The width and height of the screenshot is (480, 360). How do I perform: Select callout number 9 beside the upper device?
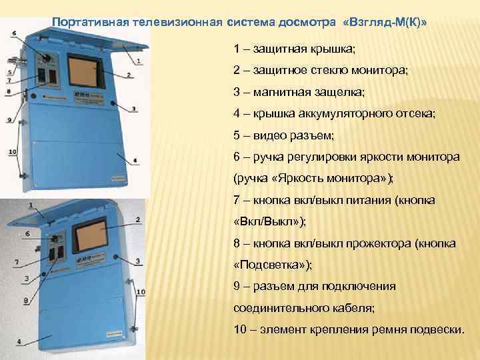click(x=10, y=120)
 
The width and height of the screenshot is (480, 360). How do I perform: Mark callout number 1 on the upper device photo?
click(x=138, y=61)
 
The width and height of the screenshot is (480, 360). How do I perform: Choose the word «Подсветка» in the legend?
click(x=271, y=265)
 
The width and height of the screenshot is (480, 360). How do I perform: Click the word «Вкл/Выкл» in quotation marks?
click(x=269, y=222)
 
